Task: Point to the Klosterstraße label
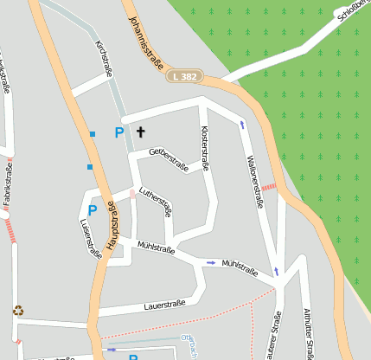pos(206,148)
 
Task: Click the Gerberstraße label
pos(169,158)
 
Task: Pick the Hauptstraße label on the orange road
pos(112,228)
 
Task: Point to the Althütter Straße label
pos(307,333)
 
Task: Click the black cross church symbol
pos(140,132)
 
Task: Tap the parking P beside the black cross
pos(119,132)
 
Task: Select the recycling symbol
pos(17,311)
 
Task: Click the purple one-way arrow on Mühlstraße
pos(211,262)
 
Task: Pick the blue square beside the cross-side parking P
pos(93,134)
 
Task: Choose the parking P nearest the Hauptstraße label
pos(92,210)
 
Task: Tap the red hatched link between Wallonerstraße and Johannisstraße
pos(268,186)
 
